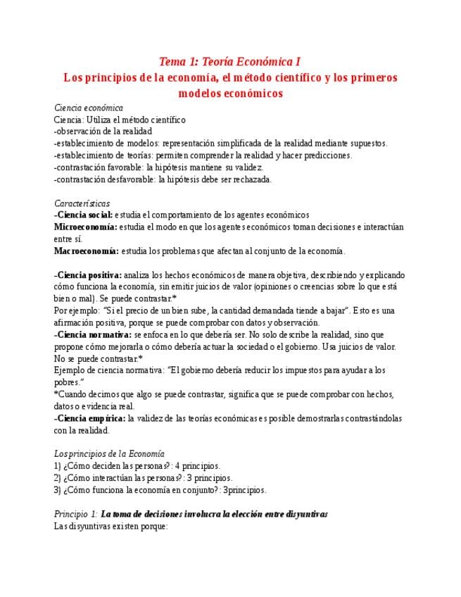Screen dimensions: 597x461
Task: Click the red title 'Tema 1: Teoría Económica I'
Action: [230, 61]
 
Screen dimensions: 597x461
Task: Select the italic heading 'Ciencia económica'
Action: [89, 108]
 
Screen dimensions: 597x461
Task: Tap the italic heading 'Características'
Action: [82, 203]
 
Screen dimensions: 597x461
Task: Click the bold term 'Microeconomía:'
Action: [86, 227]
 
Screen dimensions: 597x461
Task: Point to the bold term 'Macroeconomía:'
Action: [87, 251]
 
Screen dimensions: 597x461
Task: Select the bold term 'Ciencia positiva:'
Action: [89, 275]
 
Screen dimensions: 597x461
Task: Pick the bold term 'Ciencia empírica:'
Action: [90, 418]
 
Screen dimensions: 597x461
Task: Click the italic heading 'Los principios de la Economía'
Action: [109, 454]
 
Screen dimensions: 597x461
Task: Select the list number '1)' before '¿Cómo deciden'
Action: [58, 466]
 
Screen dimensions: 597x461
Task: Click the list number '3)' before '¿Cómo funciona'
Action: [58, 490]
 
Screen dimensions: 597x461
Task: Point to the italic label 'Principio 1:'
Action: [76, 514]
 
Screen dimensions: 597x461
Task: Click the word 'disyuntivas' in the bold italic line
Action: [303, 514]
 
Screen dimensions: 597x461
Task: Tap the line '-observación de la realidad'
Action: [103, 131]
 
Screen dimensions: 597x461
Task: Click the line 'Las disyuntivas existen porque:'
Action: [110, 526]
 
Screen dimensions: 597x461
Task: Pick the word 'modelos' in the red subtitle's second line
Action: [201, 93]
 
